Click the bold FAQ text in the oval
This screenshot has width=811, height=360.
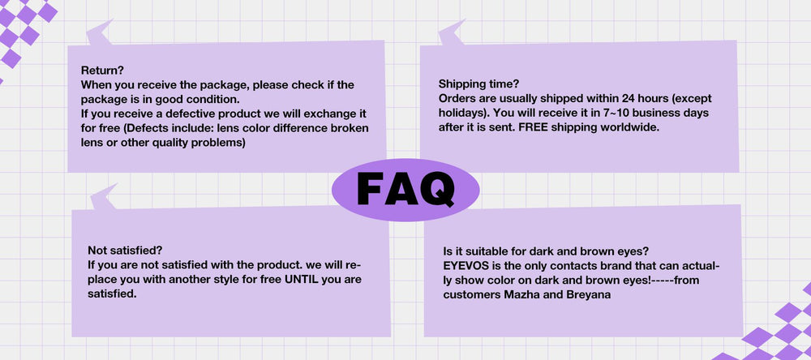pos(405,189)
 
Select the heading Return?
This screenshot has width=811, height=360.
pos(102,71)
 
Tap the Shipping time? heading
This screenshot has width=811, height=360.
pos(478,84)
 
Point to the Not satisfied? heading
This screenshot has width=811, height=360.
pos(125,251)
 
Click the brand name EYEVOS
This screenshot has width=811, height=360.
pos(464,267)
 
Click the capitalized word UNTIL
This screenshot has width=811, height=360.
pos(303,280)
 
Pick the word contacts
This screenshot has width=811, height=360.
pos(555,267)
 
